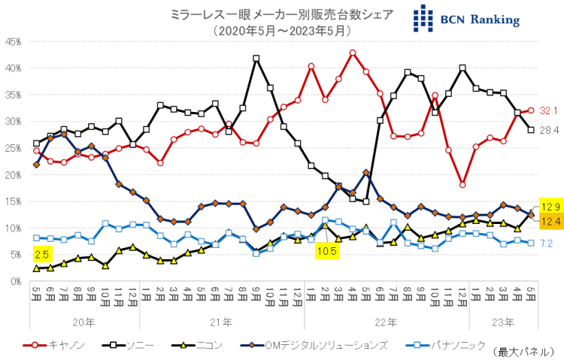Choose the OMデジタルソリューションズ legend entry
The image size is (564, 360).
(x=316, y=345)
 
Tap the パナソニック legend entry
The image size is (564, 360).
(x=444, y=345)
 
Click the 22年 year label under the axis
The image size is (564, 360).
(x=386, y=322)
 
